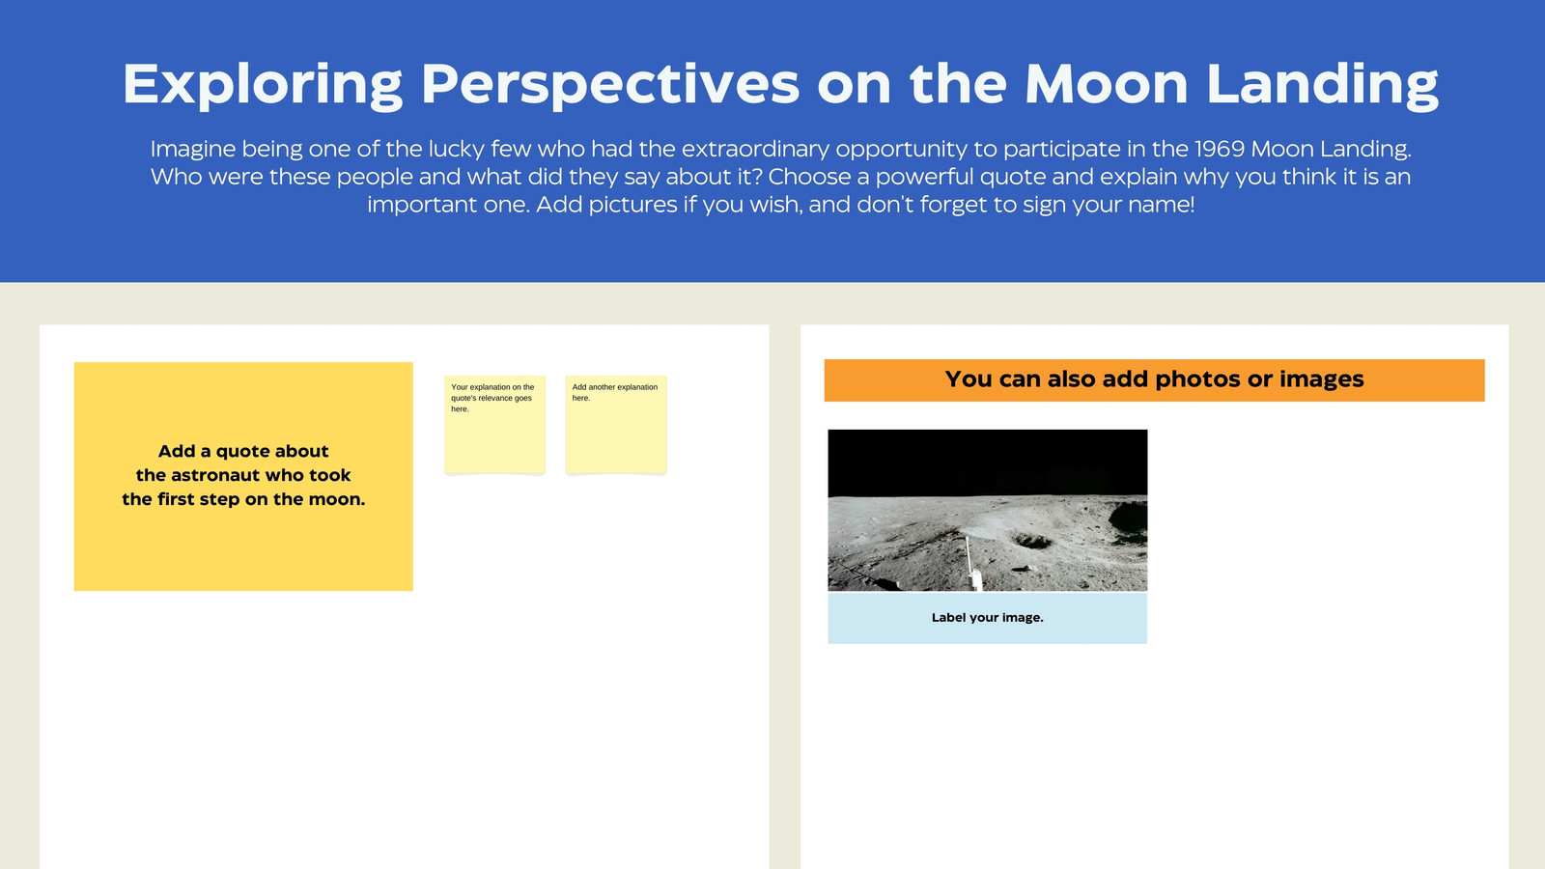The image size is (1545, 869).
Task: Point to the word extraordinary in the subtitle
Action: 755,149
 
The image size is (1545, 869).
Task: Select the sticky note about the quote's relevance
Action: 494,424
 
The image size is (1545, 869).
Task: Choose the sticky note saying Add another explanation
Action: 616,424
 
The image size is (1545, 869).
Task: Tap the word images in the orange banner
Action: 1322,380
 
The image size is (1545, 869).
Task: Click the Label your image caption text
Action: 987,618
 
